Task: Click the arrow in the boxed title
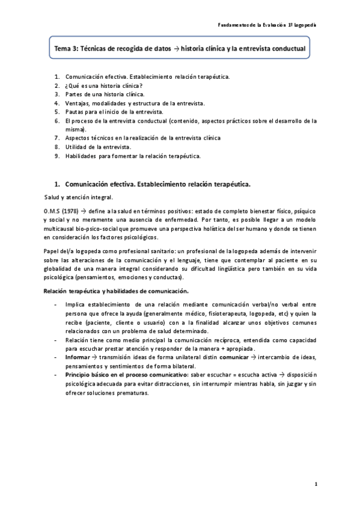coord(178,48)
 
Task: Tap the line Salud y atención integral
coord(78,197)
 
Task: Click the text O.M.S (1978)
coord(60,212)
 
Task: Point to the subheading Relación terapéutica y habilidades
coord(102,291)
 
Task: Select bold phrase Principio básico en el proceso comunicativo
coord(126,375)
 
